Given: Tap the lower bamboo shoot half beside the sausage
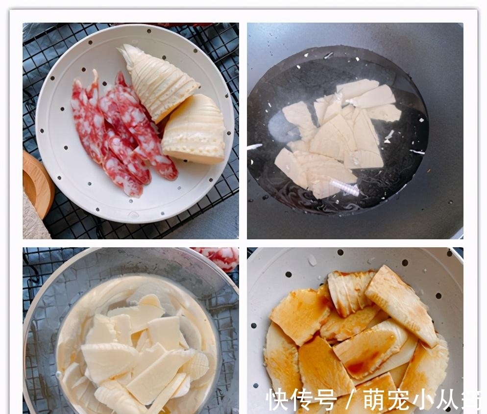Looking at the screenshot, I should click(195, 130).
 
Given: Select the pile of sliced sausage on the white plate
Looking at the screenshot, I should click(122, 135).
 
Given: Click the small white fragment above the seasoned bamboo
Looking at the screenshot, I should click(312, 260).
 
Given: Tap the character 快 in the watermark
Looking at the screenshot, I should click(278, 400).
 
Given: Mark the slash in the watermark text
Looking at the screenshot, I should click(349, 400).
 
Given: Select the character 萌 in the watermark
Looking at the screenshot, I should click(374, 400).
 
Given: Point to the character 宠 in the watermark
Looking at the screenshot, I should click(398, 400).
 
